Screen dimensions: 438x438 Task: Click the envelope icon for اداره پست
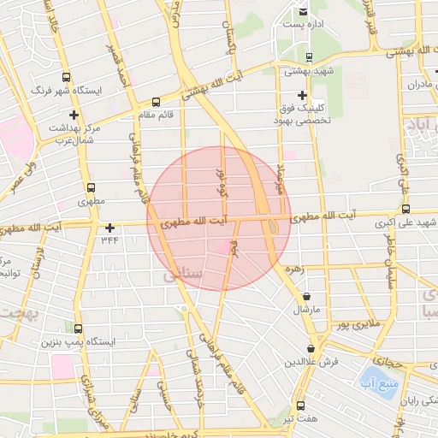303,12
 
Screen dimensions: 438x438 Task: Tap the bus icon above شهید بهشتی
301,56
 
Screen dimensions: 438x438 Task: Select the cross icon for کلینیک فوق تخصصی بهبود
301,95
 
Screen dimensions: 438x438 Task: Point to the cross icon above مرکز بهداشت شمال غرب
74,115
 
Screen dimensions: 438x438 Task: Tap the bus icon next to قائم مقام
155,101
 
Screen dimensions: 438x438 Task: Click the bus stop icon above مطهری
92,188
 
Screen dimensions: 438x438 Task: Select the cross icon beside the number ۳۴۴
109,228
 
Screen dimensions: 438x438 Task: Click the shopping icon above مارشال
307,296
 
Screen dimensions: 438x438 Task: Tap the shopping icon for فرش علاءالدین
311,349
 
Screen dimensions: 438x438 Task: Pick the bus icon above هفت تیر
300,405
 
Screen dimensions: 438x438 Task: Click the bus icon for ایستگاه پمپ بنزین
78,328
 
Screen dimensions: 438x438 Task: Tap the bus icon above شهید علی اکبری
405,208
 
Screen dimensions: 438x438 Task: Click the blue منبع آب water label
373,380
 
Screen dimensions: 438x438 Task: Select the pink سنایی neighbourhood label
178,276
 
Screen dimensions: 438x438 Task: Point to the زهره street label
296,268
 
